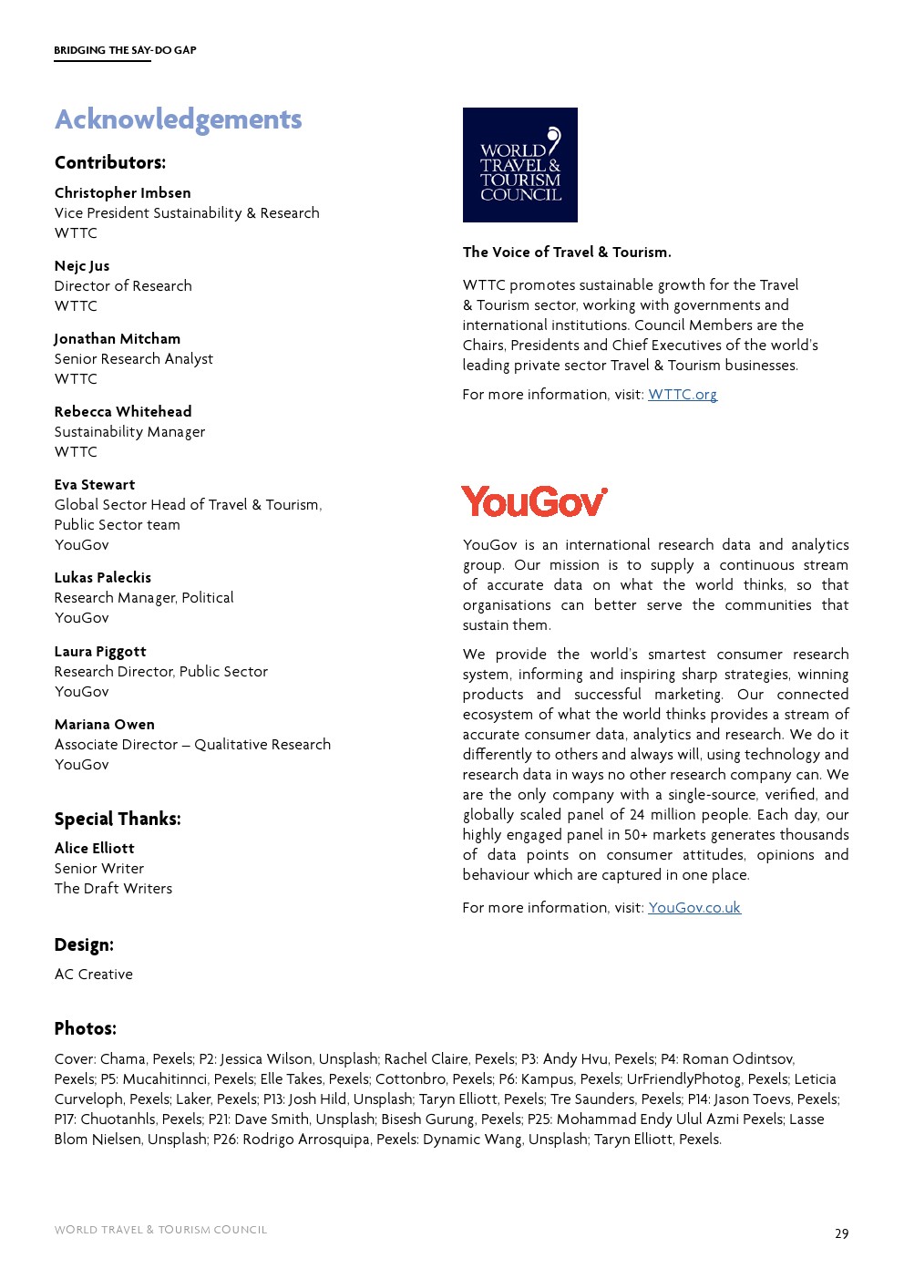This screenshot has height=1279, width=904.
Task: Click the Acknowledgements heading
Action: (x=178, y=119)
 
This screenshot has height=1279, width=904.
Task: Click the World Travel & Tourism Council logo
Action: (x=519, y=165)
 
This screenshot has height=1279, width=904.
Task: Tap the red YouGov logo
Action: (x=534, y=502)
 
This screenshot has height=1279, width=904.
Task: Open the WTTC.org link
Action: (x=683, y=395)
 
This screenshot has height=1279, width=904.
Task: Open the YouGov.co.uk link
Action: (x=694, y=908)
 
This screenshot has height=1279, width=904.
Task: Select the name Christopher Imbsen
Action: (x=122, y=193)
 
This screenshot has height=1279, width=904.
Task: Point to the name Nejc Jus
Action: (x=82, y=266)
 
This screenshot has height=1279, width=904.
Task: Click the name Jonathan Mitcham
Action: (x=118, y=339)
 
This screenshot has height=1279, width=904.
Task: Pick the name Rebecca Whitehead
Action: (x=123, y=412)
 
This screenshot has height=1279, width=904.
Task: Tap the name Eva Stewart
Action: (x=95, y=485)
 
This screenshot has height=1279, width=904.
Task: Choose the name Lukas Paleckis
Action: (x=103, y=578)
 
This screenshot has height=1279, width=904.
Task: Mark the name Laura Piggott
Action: (x=100, y=652)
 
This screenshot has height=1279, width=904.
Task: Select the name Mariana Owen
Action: (x=105, y=725)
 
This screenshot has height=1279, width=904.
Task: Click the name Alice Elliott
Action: (x=94, y=849)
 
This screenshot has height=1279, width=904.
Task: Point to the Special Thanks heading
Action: (x=118, y=819)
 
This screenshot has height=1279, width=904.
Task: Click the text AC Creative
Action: (x=94, y=975)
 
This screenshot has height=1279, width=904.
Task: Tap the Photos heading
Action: (x=86, y=1028)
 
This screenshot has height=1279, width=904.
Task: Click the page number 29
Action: (x=841, y=1233)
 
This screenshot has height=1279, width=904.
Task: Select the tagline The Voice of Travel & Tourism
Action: (x=567, y=253)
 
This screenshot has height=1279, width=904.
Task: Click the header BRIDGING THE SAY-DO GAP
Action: (x=125, y=50)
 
